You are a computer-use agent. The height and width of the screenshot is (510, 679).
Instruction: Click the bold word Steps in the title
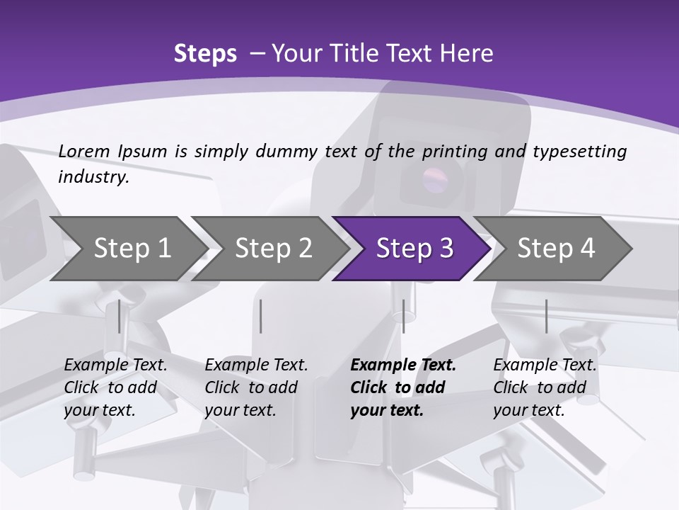point(205,54)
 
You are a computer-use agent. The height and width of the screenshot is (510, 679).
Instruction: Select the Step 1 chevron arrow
point(129,249)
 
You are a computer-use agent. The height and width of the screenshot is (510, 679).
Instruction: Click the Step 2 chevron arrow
point(270,249)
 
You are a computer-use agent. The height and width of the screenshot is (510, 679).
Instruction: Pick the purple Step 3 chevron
point(412,249)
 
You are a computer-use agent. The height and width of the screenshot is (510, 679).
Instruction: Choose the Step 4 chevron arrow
point(553,249)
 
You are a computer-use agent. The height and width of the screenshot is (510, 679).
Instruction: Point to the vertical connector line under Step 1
point(119,317)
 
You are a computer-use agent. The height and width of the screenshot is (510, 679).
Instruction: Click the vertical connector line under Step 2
point(261,317)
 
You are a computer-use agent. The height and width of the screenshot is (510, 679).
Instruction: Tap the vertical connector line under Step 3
point(403,317)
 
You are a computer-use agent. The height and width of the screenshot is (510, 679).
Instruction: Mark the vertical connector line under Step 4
point(546,317)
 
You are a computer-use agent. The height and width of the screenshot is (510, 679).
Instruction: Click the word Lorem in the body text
point(84,152)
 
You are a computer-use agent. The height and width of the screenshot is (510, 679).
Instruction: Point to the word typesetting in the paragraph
point(580,152)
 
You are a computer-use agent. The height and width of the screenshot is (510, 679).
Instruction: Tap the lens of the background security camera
point(435,179)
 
